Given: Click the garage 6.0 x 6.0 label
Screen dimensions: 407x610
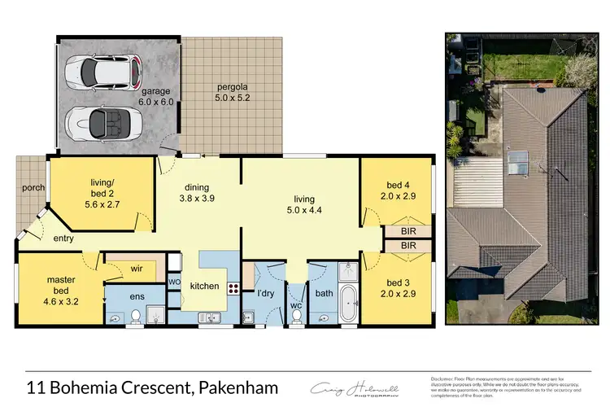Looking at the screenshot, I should (157, 96).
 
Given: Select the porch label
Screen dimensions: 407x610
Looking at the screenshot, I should (33, 189).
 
